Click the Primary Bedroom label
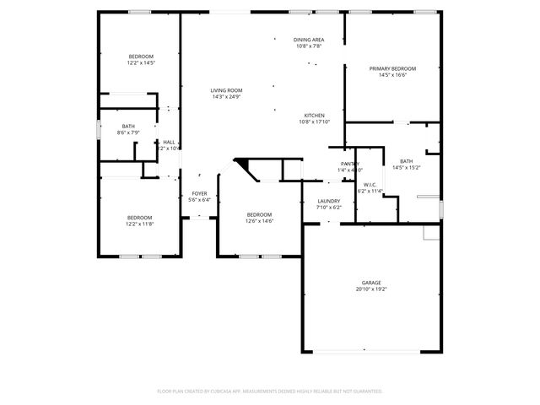coord(392,68)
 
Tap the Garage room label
coord(371,283)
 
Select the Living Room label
coord(226,90)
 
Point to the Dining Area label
coord(309,40)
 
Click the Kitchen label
coord(314,116)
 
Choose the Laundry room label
coord(328,201)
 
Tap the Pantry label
coord(349,164)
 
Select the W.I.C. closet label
coord(370,185)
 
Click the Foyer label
coord(199,193)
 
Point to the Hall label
coord(169,142)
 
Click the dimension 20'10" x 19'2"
coord(371,289)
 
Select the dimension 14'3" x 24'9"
coord(226,97)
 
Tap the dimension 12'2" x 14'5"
coord(141,62)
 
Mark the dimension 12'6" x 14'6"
coord(259,221)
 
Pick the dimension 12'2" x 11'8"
coord(140,224)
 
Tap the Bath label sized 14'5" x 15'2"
coord(407,161)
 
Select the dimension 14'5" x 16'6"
coord(392,75)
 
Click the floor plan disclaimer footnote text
coord(270,391)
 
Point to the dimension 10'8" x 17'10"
coord(314,122)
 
